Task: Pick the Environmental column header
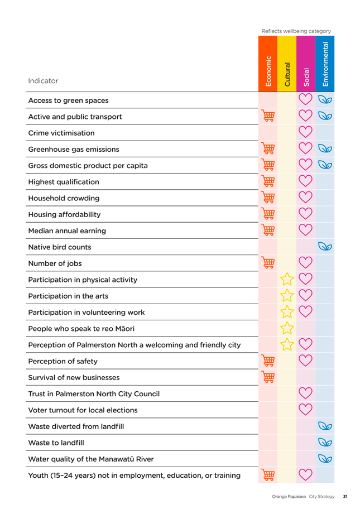[325, 64]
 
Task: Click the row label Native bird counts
[60, 247]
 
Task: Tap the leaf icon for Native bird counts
[325, 246]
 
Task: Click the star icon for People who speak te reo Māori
[287, 328]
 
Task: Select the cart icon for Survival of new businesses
[268, 377]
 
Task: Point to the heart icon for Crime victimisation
[305, 132]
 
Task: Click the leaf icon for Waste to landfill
[325, 442]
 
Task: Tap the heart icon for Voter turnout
[305, 409]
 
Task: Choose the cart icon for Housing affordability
[268, 214]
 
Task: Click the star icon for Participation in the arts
[287, 295]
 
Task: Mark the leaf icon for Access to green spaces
[325, 99]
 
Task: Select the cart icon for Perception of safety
[268, 361]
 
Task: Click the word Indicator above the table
[43, 81]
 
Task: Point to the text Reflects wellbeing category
[296, 31]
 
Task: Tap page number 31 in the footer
[345, 496]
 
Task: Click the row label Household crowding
[64, 198]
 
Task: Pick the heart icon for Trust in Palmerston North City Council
[305, 393]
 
